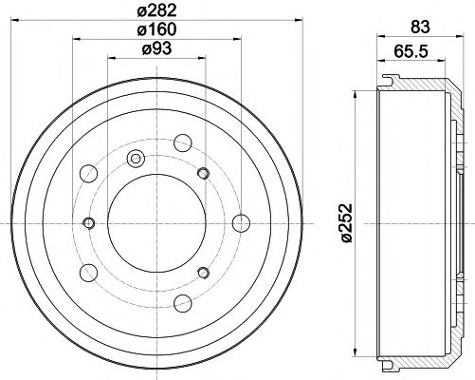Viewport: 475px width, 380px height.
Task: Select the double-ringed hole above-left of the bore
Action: pos(135,159)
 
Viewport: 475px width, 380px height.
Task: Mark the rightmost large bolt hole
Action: pos(242,223)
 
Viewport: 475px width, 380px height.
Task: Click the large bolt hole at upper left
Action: pos(92,174)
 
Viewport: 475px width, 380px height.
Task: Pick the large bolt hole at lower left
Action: pos(92,272)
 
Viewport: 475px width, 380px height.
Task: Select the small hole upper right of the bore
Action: pos(202,172)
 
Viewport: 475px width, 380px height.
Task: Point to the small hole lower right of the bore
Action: pos(202,274)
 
